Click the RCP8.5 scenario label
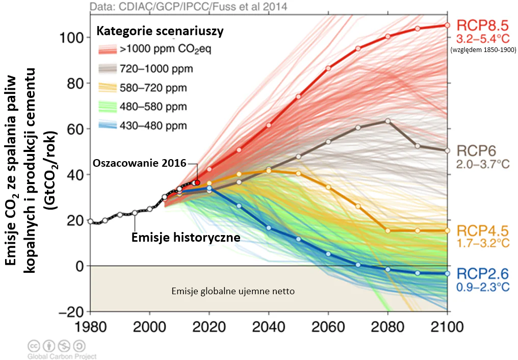click(483, 26)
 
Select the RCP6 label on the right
click(475, 151)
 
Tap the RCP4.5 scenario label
click(482, 230)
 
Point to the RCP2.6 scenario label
click(482, 274)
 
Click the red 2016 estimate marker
click(197, 183)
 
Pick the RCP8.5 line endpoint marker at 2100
click(448, 25)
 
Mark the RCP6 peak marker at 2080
click(388, 121)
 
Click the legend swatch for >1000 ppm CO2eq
click(108, 49)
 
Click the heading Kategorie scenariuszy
click(160, 31)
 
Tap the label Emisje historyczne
click(186, 238)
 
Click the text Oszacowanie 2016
click(139, 164)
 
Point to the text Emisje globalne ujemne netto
click(233, 291)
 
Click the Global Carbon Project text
click(62, 356)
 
